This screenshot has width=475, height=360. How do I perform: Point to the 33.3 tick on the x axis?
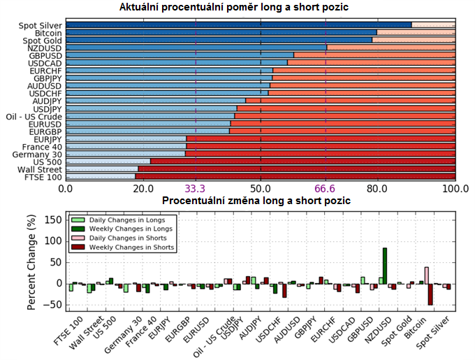pos(195,189)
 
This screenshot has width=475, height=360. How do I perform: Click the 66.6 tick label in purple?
pos(326,189)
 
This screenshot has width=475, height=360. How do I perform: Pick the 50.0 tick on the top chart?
pos(261,189)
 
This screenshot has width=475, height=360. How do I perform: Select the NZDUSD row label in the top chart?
pos(45,47)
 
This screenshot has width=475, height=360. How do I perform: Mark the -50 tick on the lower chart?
pos(53,305)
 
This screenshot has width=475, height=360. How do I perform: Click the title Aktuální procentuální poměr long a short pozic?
pos(234,8)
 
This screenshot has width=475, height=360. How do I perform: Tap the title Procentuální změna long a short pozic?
pos(256,201)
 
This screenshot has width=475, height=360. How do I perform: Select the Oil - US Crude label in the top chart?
pos(34,116)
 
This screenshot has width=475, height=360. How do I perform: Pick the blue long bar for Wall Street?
pos(102,169)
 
